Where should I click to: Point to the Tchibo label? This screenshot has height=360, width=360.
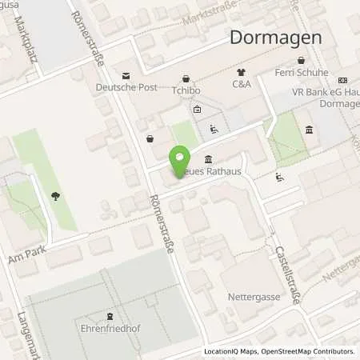click(x=185, y=90)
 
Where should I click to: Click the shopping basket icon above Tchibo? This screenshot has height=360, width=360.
click(x=186, y=78)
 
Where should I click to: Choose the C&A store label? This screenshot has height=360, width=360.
click(x=241, y=83)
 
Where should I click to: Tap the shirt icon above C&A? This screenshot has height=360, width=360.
click(x=242, y=71)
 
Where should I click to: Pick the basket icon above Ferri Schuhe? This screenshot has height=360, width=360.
click(x=300, y=61)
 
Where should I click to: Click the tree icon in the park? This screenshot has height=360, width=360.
click(x=54, y=194)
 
